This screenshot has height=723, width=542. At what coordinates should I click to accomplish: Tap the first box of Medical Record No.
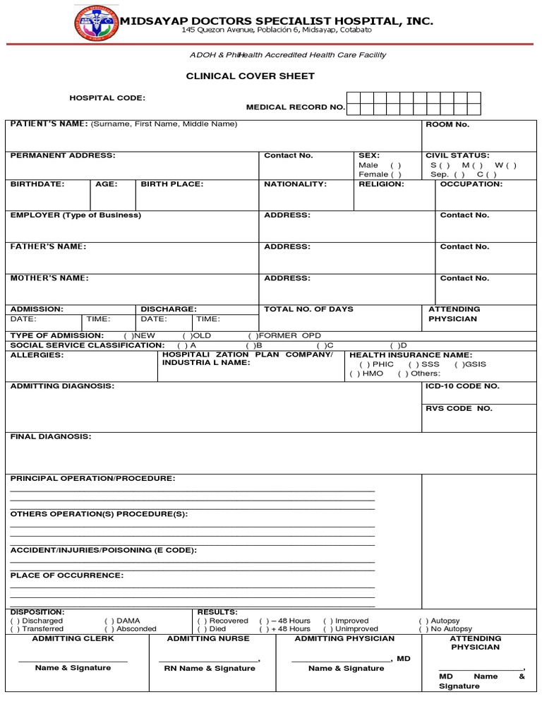click(x=354, y=98)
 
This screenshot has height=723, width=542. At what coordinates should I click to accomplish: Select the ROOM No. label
click(x=447, y=124)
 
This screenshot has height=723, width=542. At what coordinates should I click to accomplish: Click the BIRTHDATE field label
click(x=37, y=184)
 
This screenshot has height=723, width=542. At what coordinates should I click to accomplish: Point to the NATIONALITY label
click(x=295, y=184)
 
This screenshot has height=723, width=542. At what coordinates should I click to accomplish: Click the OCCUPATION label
click(x=471, y=184)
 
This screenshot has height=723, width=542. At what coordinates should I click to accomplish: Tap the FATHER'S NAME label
click(x=48, y=246)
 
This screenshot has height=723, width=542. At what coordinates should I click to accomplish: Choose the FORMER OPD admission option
click(x=252, y=335)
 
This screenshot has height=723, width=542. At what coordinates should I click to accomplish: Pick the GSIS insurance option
click(x=459, y=364)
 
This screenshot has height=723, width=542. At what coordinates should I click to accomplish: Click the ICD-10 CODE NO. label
click(x=462, y=386)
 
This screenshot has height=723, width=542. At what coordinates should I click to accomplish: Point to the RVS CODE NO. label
click(x=459, y=408)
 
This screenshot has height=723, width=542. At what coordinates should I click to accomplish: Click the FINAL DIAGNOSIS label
click(x=51, y=436)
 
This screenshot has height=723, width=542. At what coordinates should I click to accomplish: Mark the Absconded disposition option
click(x=109, y=628)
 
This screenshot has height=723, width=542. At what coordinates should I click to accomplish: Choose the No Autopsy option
click(x=423, y=628)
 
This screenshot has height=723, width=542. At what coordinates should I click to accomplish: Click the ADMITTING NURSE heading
click(x=208, y=638)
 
